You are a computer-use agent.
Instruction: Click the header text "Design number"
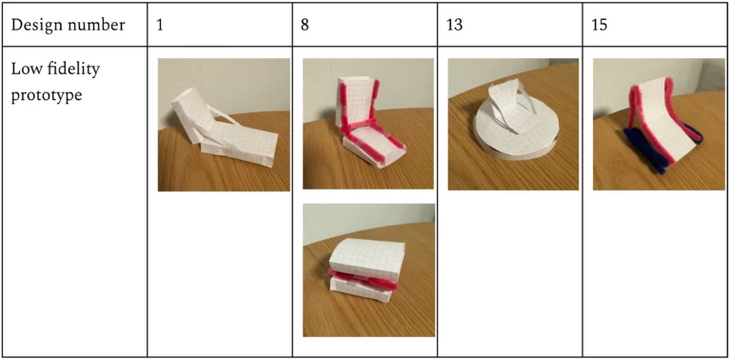pos(68,25)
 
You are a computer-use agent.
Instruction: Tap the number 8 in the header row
pos(305,25)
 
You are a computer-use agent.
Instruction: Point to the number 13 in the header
pos(455,25)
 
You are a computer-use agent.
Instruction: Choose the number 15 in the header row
pos(600,25)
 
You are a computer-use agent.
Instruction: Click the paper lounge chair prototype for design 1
pos(224,129)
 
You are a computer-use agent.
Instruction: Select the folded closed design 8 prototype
pos(367,270)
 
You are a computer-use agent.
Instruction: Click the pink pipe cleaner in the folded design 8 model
pos(365,279)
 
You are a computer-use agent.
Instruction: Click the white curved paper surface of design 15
pos(662,116)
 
